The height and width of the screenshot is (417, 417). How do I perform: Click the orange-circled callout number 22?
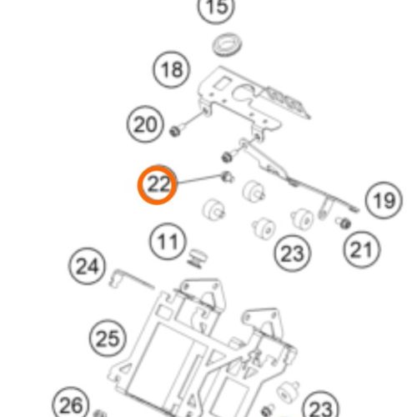(x=158, y=185)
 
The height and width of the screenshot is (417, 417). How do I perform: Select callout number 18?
(x=172, y=69)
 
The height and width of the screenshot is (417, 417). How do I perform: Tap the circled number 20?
(x=145, y=124)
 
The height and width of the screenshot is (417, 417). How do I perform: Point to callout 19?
(x=384, y=200)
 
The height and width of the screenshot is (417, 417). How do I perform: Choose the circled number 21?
(x=362, y=249)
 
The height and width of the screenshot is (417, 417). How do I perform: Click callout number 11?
(x=168, y=242)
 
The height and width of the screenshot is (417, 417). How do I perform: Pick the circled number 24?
(x=87, y=266)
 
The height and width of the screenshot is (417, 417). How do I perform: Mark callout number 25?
(x=108, y=338)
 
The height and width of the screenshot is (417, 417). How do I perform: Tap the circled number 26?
(x=71, y=404)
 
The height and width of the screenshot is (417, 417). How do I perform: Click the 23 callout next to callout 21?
(x=293, y=254)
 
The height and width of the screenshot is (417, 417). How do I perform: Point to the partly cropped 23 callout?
(x=320, y=405)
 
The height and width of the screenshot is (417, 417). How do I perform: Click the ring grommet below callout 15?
(x=227, y=44)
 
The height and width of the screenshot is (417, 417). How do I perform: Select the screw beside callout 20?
(x=177, y=129)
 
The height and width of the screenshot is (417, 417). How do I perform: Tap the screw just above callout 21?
(x=344, y=223)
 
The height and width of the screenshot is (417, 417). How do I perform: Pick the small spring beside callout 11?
(x=198, y=259)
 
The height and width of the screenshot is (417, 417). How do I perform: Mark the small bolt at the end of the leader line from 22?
(x=228, y=177)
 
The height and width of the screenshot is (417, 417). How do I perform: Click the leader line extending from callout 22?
(x=199, y=179)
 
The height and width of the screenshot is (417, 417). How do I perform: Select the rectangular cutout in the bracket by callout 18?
(x=223, y=83)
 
